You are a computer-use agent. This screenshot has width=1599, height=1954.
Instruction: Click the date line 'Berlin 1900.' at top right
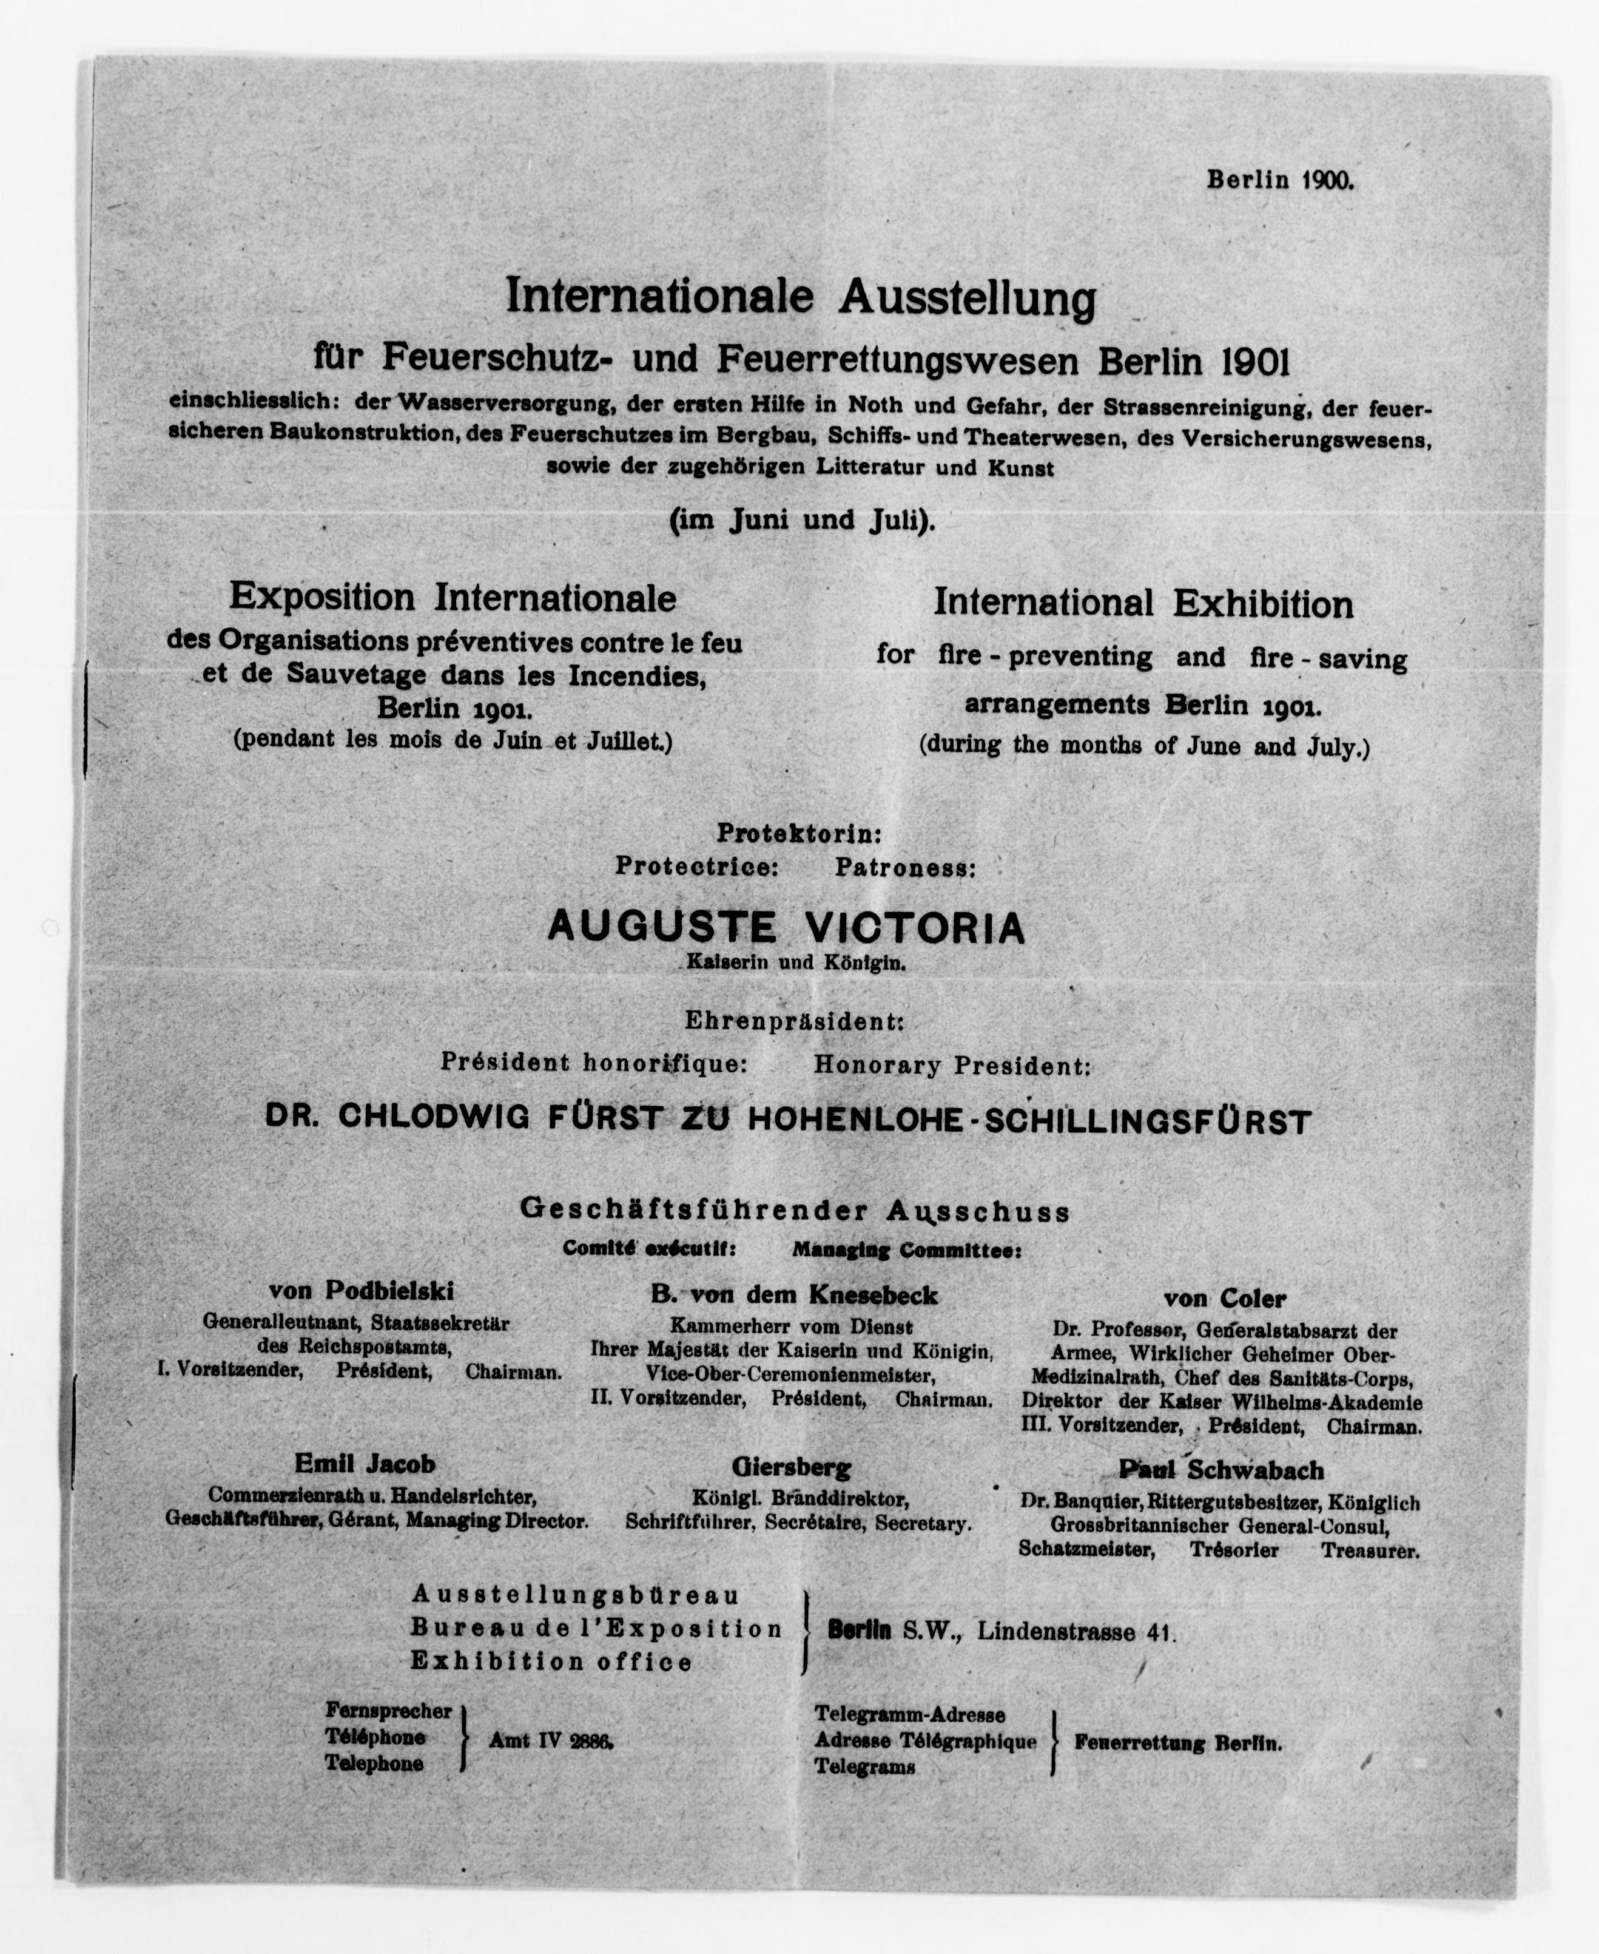pyautogui.click(x=1281, y=180)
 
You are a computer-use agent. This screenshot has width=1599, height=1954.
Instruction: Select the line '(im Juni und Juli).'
pyautogui.click(x=801, y=521)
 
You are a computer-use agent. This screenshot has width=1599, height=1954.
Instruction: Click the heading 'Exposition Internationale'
pyautogui.click(x=453, y=598)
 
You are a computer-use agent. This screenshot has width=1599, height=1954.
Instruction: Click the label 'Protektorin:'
pyautogui.click(x=798, y=834)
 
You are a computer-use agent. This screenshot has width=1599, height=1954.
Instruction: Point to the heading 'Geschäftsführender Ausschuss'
pyautogui.click(x=795, y=1211)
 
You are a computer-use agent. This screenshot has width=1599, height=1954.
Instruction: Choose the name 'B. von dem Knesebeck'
pyautogui.click(x=794, y=1296)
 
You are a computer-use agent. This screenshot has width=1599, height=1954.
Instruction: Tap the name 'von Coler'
pyautogui.click(x=1224, y=1299)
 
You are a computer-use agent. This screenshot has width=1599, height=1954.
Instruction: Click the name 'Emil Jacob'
pyautogui.click(x=365, y=1463)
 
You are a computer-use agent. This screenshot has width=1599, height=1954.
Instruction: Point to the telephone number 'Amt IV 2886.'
pyautogui.click(x=551, y=1741)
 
